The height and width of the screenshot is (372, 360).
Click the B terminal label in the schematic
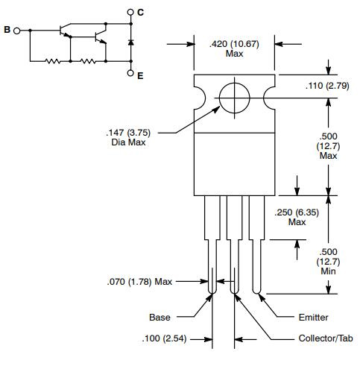(x=7, y=31)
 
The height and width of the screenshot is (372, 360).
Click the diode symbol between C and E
(x=130, y=42)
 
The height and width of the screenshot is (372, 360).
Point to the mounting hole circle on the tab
(x=235, y=98)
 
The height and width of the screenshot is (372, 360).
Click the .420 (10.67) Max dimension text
(x=234, y=49)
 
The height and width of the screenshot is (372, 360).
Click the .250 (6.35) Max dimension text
(x=297, y=217)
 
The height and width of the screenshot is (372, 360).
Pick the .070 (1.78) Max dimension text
(x=140, y=281)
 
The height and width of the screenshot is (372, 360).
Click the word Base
(x=160, y=318)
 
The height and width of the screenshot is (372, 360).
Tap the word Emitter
(x=313, y=318)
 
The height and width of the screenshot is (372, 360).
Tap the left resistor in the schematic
(x=54, y=62)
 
